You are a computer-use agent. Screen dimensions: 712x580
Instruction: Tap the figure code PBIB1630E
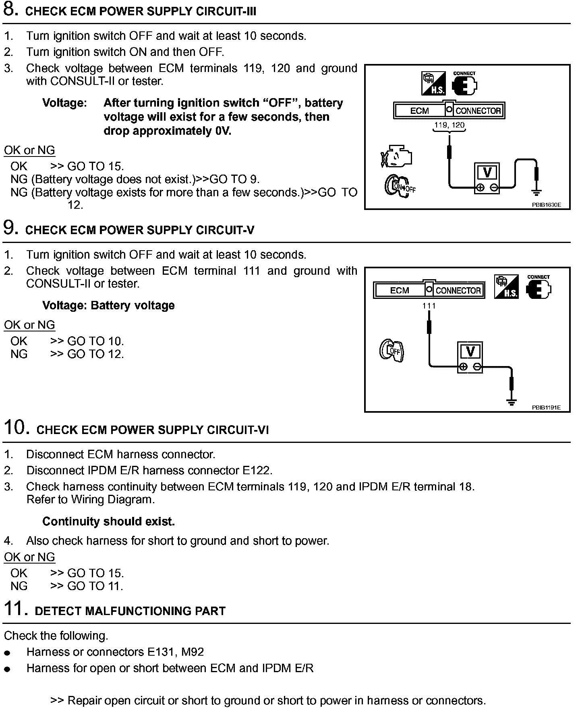(546, 205)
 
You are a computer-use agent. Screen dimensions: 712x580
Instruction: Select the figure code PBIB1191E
(546, 407)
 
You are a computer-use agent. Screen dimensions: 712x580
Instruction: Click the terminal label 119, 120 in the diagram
(449, 125)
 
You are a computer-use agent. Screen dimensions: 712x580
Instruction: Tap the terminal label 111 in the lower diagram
(429, 306)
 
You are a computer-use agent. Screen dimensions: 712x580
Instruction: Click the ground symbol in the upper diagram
(536, 192)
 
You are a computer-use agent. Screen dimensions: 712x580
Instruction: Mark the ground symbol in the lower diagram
(512, 402)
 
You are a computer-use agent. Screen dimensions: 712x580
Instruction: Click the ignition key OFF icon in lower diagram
(391, 350)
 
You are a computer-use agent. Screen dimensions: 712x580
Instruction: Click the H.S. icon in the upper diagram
(433, 84)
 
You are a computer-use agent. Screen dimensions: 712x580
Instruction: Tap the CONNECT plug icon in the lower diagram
(538, 288)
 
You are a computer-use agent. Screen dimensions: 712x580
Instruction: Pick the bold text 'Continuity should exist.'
(108, 522)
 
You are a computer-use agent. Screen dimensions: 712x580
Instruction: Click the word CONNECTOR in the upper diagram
(478, 111)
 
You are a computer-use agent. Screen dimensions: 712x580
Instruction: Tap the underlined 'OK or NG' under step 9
(29, 325)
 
